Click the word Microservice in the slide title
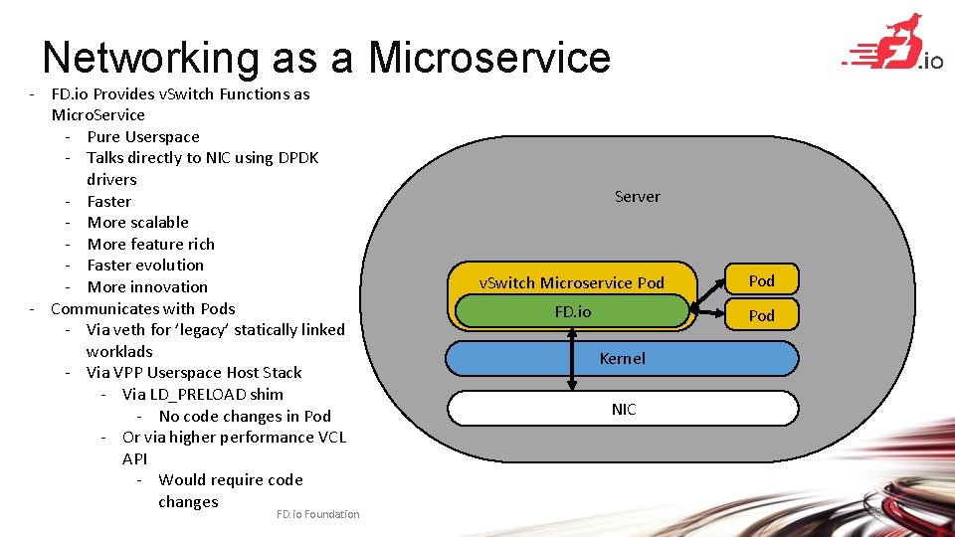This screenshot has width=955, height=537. click(489, 58)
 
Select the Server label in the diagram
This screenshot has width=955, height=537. click(637, 197)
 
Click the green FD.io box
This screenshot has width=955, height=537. click(572, 311)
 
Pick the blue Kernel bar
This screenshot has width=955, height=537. click(622, 358)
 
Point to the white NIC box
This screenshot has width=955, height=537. click(623, 409)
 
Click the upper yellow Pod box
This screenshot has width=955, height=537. click(761, 280)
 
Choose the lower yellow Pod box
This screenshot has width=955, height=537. click(761, 315)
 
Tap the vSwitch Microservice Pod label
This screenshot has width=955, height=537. click(571, 282)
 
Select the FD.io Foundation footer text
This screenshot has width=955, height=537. click(318, 514)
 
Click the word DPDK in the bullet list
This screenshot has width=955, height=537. click(292, 158)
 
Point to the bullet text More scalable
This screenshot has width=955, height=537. click(137, 223)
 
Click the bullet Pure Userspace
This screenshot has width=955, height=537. click(143, 137)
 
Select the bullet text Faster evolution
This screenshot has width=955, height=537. click(145, 266)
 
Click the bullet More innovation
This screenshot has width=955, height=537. click(147, 287)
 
